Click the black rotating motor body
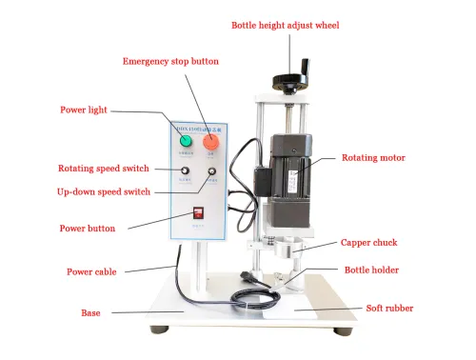click(x=290, y=162)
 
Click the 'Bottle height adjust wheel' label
click(x=285, y=24)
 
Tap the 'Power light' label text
click(x=85, y=109)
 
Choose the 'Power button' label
click(x=88, y=229)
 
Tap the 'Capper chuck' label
click(x=370, y=243)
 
